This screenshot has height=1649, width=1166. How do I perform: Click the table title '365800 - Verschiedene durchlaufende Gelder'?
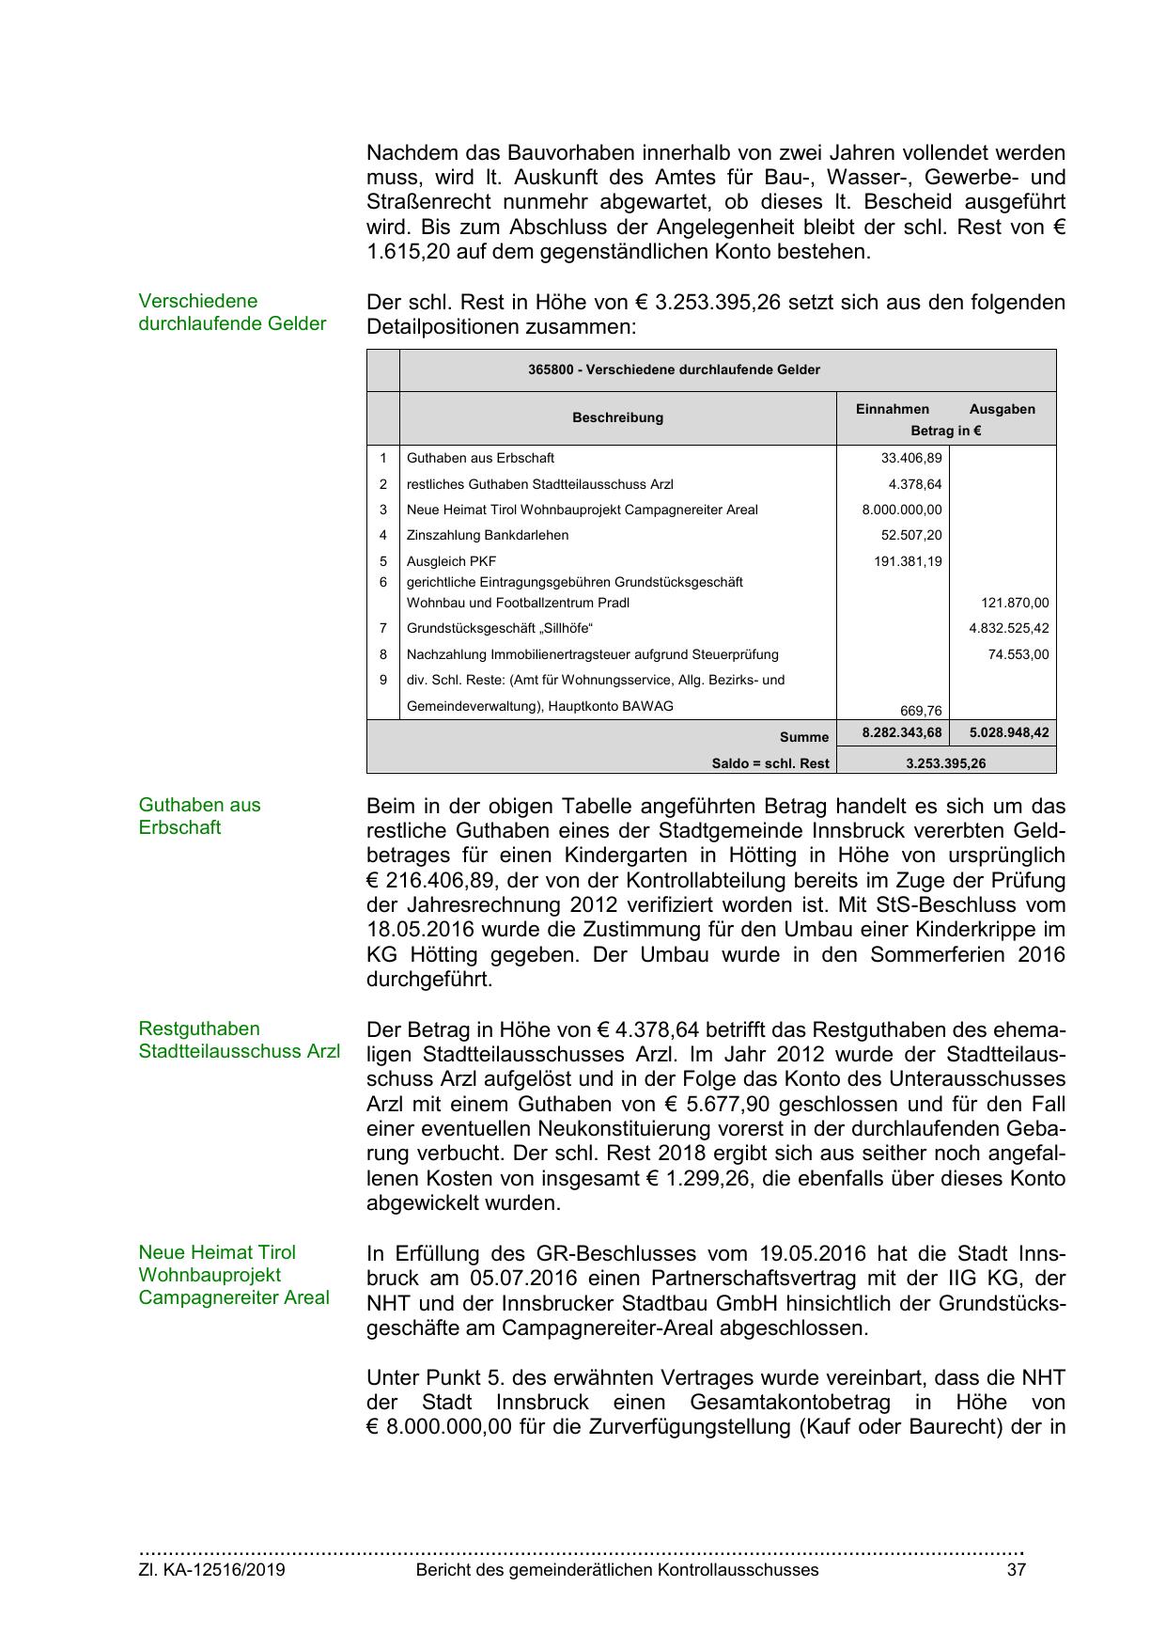[x=674, y=369]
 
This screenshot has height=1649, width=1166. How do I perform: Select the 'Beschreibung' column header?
[x=617, y=417]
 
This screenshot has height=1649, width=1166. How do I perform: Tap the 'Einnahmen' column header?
[x=892, y=409]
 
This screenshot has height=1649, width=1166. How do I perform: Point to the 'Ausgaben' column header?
[x=1002, y=409]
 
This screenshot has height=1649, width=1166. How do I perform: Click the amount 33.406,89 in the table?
[x=910, y=458]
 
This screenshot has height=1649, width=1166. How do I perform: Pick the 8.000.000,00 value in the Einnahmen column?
[x=901, y=510]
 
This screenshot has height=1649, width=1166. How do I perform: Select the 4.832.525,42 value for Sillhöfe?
[x=1008, y=628]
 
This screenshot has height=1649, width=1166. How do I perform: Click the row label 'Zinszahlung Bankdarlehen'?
[x=487, y=535]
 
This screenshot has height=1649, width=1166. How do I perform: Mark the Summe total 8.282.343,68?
[x=901, y=732]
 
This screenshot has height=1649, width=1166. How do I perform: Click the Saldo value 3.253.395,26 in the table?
[x=945, y=763]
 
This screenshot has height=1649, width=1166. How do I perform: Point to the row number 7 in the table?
[x=383, y=628]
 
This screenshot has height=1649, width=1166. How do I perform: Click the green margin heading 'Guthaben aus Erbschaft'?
[x=199, y=816]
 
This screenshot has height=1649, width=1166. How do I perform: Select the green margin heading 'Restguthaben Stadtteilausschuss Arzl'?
[x=239, y=1040]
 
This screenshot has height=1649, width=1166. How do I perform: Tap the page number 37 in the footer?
[x=1016, y=1570]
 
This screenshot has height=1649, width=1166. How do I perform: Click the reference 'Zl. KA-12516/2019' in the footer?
[x=211, y=1570]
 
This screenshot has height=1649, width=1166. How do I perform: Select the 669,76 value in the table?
[x=921, y=711]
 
